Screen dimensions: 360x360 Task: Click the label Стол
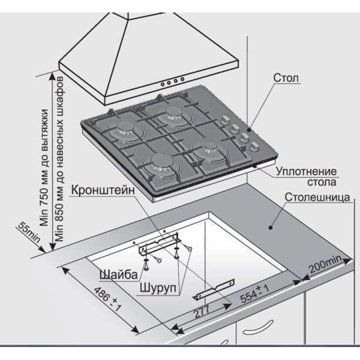pos(286,79)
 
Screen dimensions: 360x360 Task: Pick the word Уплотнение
pos(306,171)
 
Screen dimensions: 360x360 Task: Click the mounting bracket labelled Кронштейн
pos(158,242)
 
